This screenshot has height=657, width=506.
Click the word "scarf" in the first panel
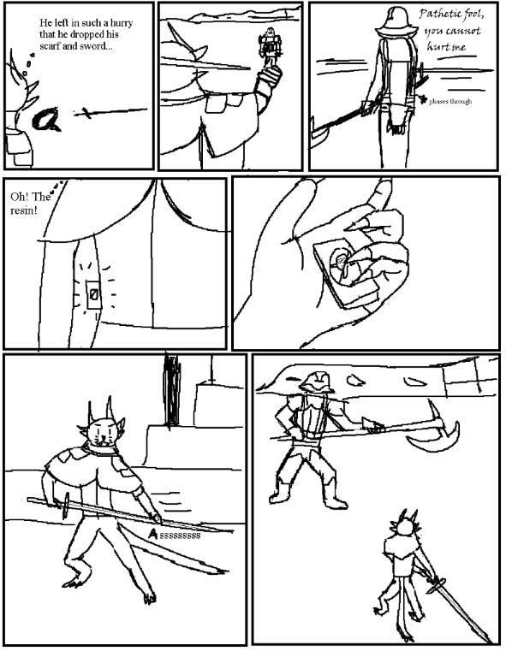click(x=50, y=46)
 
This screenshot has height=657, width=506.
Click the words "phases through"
click(x=450, y=102)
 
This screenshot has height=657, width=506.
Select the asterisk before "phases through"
click(x=423, y=99)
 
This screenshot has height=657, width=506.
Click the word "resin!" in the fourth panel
click(x=23, y=210)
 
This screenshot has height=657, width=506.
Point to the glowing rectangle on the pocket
click(x=93, y=294)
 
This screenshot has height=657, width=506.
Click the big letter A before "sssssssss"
click(x=153, y=534)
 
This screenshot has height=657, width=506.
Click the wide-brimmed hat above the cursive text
click(x=396, y=23)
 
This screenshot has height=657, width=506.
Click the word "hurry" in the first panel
click(x=122, y=23)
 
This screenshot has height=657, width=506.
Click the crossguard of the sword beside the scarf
click(x=86, y=113)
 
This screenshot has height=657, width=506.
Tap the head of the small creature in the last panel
click(x=405, y=527)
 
